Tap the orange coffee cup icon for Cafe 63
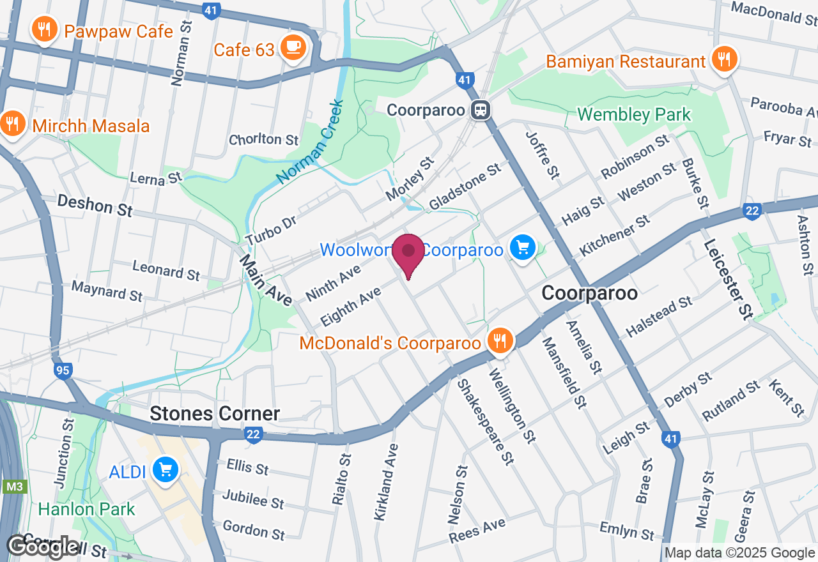pos(293,47)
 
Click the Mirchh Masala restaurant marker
pos(12,123)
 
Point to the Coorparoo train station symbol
pos(481,110)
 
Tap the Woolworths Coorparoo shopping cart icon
pos(522,247)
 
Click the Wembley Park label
pos(634,115)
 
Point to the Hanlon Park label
pos(87,509)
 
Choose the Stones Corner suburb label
pos(215,414)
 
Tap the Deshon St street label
pos(95,206)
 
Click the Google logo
pos(43,546)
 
